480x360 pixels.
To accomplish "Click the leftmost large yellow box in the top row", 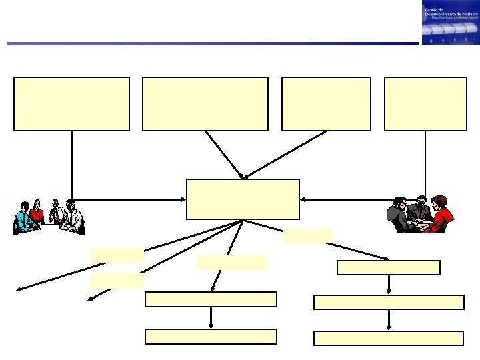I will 71,103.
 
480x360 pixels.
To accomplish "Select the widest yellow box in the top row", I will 205,103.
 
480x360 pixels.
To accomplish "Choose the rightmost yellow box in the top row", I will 425,103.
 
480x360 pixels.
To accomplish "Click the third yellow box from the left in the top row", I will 326,103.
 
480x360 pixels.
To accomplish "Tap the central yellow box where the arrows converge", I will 243,199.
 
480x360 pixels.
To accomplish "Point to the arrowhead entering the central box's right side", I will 304,198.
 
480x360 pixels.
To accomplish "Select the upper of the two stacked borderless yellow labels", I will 117,255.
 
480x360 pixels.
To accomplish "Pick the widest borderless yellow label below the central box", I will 233,262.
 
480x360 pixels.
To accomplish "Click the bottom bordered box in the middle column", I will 211,337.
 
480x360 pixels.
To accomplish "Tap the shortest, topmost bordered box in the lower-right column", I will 389,267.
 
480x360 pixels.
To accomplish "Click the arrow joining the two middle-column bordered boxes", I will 211,317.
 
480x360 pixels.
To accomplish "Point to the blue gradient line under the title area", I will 213,44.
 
